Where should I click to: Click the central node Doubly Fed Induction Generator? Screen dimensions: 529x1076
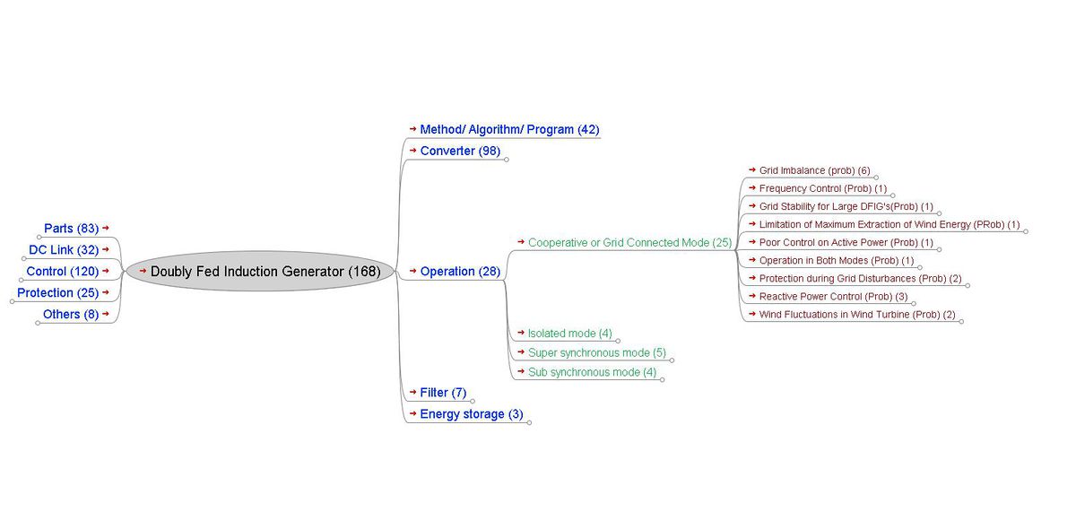[265, 271]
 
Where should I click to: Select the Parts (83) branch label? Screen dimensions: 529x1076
[71, 229]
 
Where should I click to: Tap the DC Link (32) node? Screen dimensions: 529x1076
[63, 250]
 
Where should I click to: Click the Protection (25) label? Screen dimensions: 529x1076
[57, 293]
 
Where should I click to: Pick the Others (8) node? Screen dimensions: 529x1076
[71, 315]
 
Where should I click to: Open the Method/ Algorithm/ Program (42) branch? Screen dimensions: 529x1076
[509, 130]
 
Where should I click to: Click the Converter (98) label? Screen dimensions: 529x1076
[460, 152]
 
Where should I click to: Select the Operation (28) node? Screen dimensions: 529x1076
[460, 272]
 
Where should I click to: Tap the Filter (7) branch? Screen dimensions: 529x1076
[443, 393]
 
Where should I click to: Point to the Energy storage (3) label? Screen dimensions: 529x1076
[471, 414]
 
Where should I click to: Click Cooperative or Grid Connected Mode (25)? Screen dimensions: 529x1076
[629, 243]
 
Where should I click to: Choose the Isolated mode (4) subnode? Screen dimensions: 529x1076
[569, 334]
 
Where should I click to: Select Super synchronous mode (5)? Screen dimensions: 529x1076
[596, 353]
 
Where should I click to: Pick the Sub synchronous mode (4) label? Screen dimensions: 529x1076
[592, 372]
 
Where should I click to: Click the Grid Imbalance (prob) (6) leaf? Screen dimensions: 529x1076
[814, 170]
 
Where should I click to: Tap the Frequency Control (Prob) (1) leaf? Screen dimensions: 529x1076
[822, 189]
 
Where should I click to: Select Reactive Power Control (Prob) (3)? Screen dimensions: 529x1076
[833, 297]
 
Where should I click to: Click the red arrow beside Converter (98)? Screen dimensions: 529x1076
[412, 151]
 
